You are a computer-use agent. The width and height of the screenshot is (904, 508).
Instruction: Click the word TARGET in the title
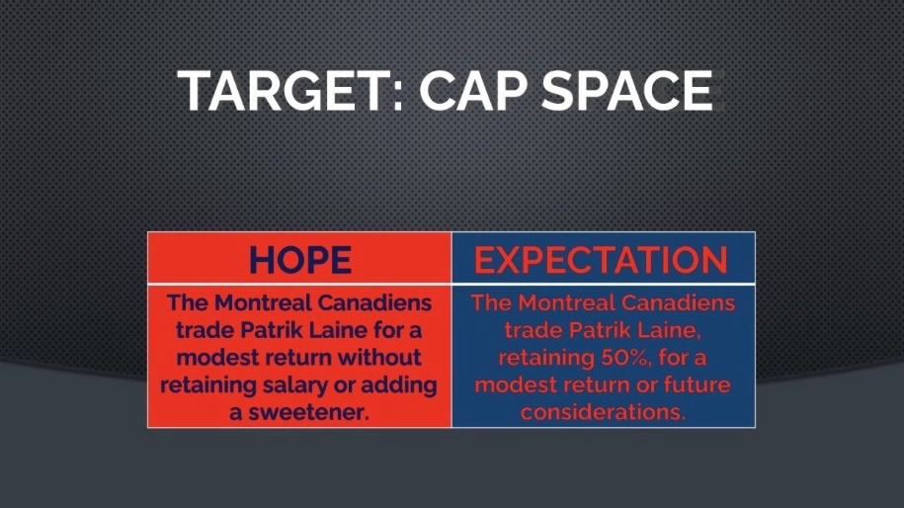[279, 91]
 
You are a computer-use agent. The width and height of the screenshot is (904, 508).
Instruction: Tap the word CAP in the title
[473, 91]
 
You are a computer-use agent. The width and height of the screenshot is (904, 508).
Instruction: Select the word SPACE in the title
[627, 91]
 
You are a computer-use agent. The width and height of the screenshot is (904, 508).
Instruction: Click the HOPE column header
[300, 260]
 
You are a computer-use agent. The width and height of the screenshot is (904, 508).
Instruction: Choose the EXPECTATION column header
[602, 260]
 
